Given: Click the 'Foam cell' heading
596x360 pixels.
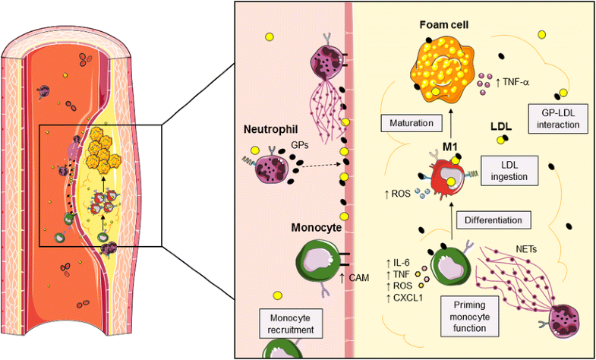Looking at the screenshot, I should [x=445, y=25].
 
